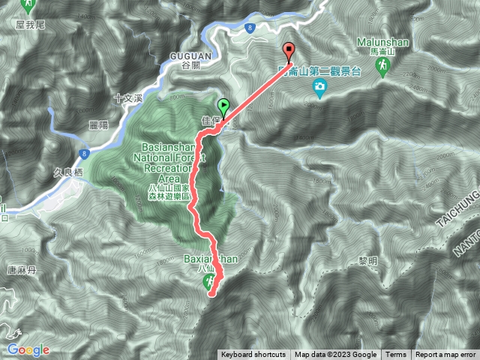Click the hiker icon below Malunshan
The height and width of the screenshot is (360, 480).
[x=382, y=68]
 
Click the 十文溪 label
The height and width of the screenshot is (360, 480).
[x=127, y=97]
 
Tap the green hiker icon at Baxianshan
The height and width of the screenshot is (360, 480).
[x=208, y=282]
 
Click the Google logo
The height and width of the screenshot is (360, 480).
[x=28, y=349]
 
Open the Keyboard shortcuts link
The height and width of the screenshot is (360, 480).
[x=253, y=355]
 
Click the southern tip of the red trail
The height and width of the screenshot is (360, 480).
[x=211, y=294]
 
